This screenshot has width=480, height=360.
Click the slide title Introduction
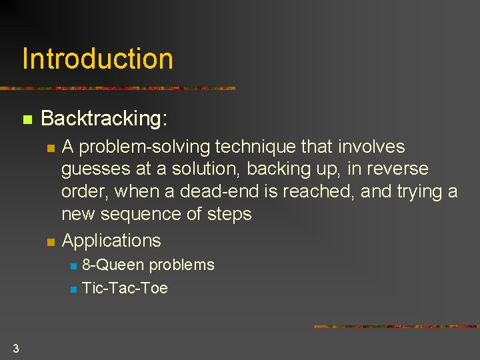point(97,59)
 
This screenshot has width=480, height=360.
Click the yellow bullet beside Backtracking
point(27,121)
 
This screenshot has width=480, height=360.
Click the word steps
point(228,215)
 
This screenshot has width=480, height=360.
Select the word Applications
point(111,241)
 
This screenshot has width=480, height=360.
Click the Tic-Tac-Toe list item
point(125,289)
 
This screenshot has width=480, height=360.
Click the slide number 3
point(15,347)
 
